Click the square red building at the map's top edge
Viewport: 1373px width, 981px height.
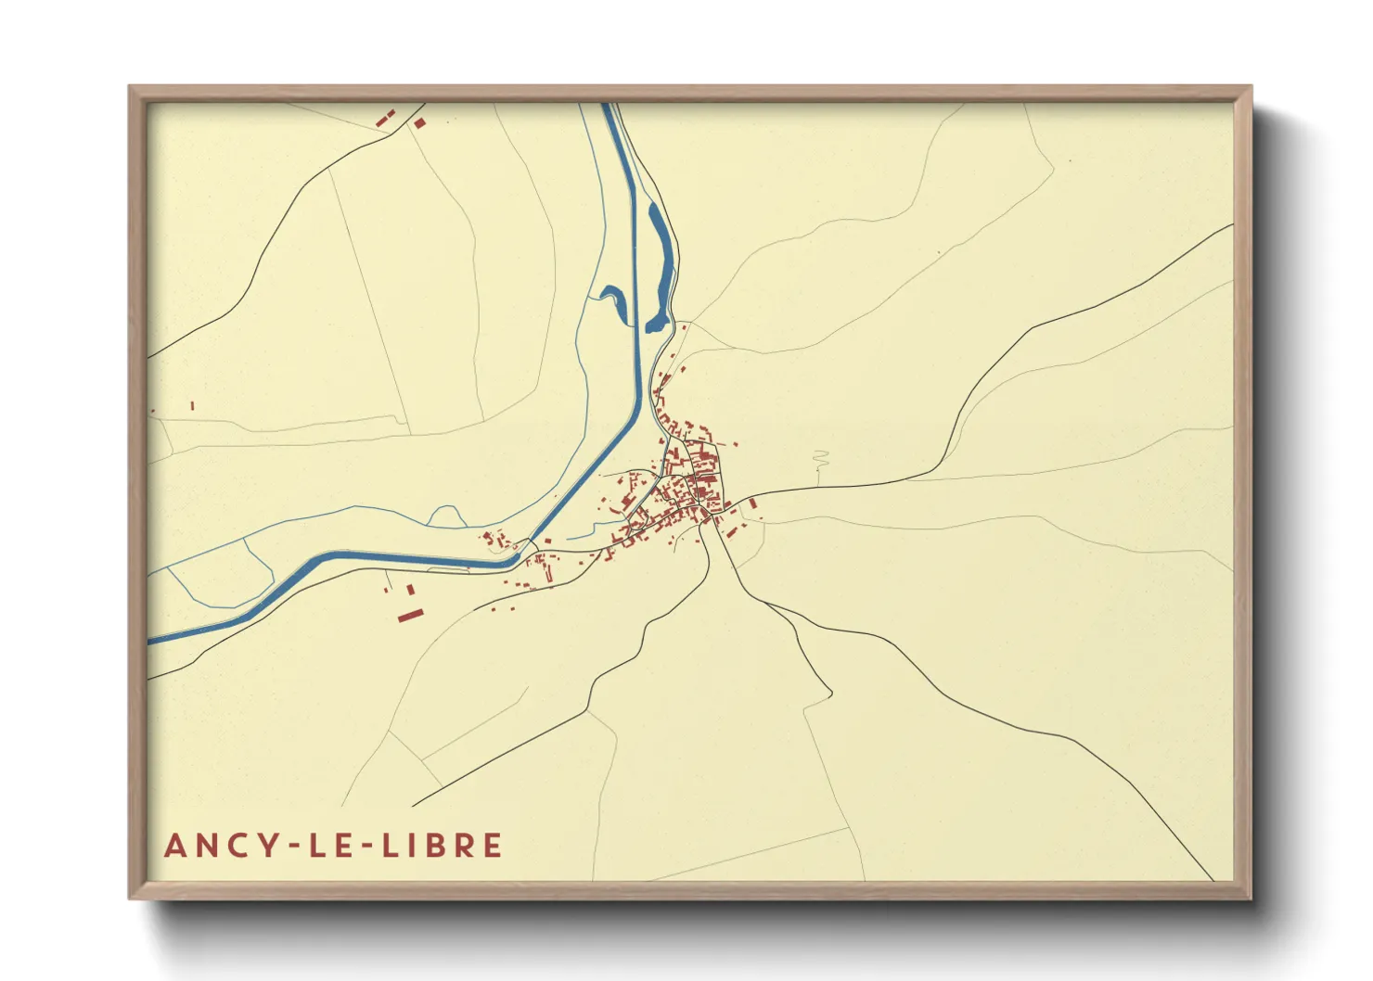tap(419, 122)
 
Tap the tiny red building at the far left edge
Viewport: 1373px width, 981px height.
tap(192, 405)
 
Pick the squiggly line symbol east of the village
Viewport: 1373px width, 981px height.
tap(819, 459)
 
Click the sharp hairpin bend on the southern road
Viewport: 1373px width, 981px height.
tap(829, 693)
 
